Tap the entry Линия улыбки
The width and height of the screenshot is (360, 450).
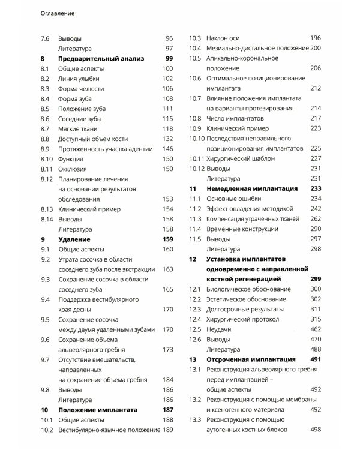click(80, 79)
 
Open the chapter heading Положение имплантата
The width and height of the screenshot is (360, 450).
click(95, 409)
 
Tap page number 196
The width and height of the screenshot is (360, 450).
click(316, 38)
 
